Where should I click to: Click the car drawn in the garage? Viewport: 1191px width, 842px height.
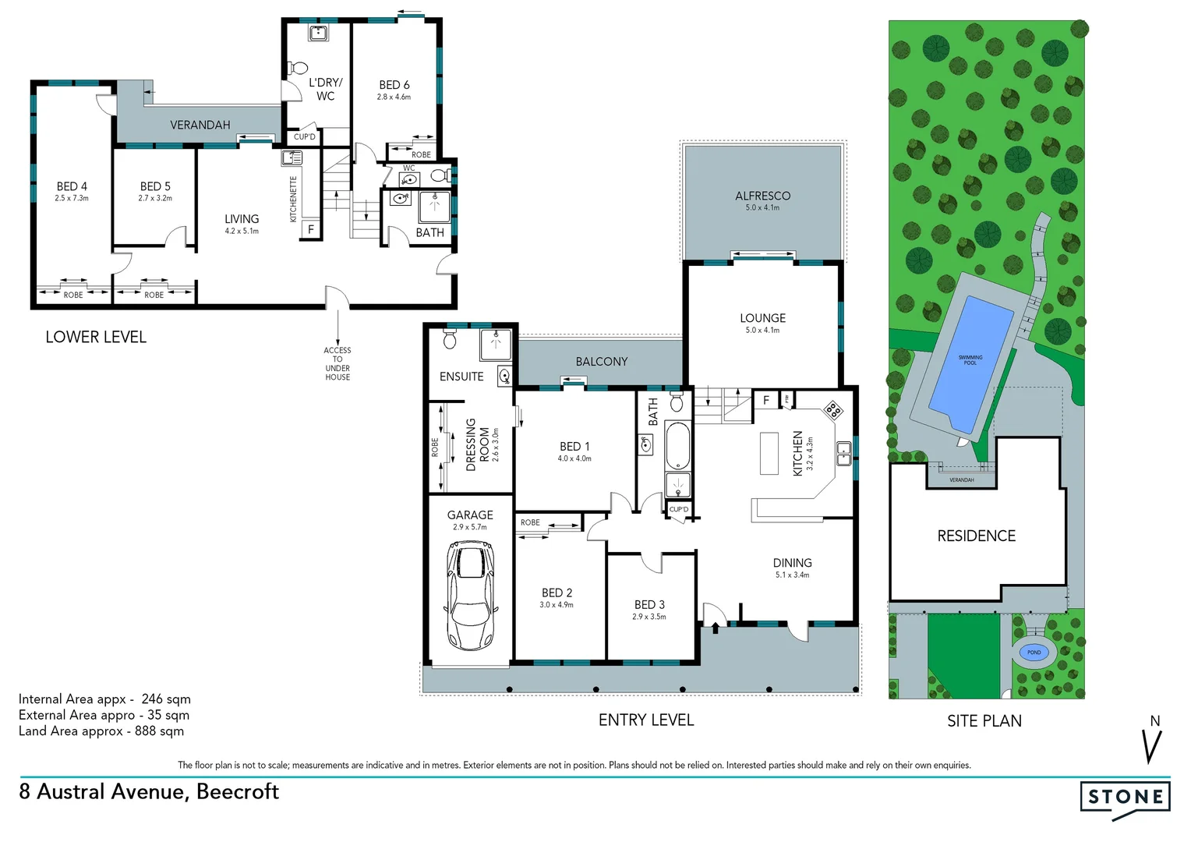tap(470, 596)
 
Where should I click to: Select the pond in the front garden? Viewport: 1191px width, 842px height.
tap(1034, 653)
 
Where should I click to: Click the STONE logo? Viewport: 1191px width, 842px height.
tap(1125, 798)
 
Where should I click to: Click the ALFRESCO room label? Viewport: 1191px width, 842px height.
tap(762, 196)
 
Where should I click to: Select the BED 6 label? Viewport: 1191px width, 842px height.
tap(394, 84)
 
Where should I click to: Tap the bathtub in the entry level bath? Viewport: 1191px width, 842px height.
tap(677, 445)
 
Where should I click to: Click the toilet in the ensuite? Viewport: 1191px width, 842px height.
tap(450, 340)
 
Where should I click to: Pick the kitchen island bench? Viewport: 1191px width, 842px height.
tap(769, 453)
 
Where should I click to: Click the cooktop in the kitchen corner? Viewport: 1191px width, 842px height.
tap(833, 409)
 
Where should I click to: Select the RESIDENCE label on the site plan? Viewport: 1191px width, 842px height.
tap(976, 536)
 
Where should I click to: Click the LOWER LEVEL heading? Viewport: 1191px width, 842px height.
tap(96, 337)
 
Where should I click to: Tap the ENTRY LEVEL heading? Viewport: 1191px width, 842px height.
tap(645, 720)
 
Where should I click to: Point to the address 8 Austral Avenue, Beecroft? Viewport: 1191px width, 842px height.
tap(149, 791)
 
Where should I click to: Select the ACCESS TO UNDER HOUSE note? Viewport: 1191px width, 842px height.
tap(338, 363)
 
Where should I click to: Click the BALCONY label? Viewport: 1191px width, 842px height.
tap(601, 362)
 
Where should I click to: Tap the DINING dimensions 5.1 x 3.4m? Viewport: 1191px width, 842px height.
tap(792, 575)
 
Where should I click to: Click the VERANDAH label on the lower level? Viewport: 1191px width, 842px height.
tap(200, 125)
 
